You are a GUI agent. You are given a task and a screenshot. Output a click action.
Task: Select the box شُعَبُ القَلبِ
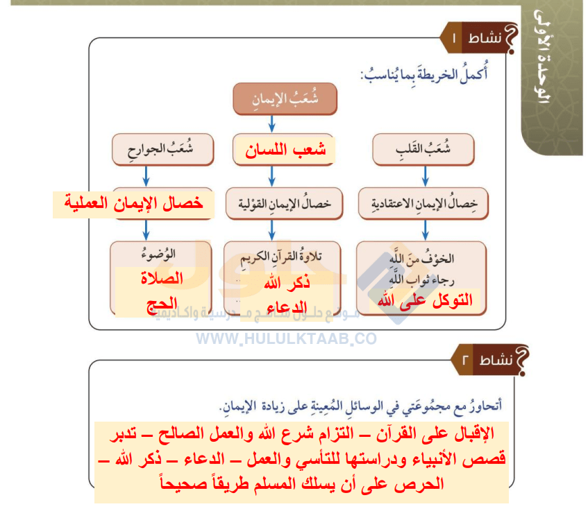click(423, 150)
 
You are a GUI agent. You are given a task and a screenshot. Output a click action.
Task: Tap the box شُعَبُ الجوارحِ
click(161, 150)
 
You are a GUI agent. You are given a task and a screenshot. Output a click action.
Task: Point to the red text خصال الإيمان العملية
click(129, 203)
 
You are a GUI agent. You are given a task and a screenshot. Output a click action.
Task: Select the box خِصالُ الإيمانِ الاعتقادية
click(423, 203)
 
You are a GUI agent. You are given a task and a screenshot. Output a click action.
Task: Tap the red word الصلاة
click(161, 279)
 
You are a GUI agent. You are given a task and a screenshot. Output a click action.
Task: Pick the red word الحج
click(161, 303)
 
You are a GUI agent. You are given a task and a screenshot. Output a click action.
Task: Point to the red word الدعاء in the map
click(287, 304)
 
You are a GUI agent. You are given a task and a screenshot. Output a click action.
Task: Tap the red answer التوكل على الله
click(424, 300)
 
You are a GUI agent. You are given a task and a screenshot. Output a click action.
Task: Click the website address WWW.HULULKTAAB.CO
click(286, 338)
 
